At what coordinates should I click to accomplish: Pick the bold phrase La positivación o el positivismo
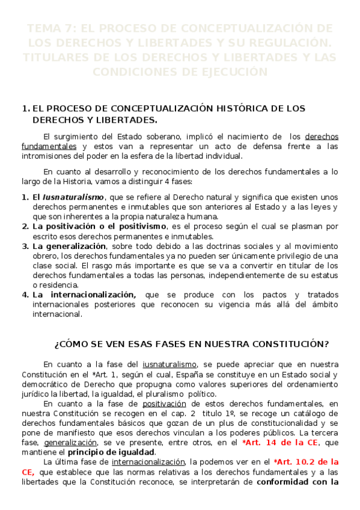99,226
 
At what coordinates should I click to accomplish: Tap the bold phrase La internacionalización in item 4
85,295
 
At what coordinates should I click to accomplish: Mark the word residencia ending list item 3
56,284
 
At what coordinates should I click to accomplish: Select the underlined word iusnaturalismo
169,364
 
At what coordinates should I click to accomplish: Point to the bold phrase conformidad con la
295,482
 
